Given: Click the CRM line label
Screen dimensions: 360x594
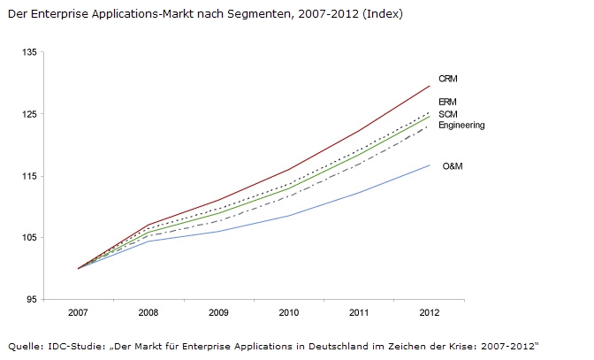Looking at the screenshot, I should tap(447, 80).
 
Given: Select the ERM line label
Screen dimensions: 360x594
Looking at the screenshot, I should tap(447, 103).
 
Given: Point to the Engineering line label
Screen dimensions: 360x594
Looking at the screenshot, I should tap(462, 126).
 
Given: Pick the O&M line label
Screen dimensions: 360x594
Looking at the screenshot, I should tap(453, 165).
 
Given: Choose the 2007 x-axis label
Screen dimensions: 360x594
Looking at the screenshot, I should tap(79, 313).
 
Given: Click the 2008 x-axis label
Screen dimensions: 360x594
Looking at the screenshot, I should tap(148, 313).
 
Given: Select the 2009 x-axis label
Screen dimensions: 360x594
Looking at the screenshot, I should tap(219, 313).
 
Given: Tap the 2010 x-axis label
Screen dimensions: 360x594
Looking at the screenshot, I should tap(289, 313).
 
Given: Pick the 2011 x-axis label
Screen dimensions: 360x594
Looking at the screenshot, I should tap(359, 313).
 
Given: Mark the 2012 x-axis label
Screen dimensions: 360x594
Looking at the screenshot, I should tap(430, 313).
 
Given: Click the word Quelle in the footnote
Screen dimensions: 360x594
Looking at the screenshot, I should tap(24, 344).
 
